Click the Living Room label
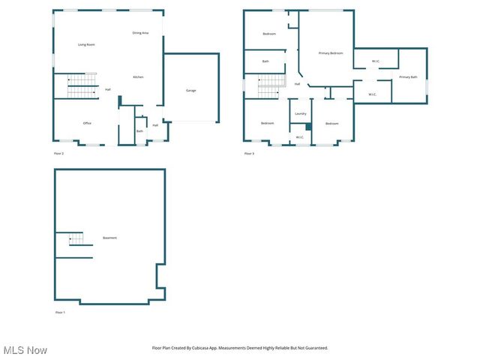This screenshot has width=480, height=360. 86,45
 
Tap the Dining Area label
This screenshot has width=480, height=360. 140,33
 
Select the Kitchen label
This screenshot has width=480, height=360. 139,77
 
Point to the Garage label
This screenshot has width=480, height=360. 191,91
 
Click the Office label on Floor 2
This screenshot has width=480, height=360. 87,123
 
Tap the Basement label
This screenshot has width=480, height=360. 109,238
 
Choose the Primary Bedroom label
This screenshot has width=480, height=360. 331,53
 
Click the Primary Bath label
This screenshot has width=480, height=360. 408,77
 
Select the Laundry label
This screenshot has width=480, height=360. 301,114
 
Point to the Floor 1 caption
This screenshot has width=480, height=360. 60,312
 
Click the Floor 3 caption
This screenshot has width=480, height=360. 249,154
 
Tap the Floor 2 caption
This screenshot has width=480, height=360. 58,154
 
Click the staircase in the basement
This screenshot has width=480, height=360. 74,239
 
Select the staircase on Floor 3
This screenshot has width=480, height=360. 269,85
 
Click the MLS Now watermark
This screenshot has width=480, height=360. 25,350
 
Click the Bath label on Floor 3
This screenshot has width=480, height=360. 265,61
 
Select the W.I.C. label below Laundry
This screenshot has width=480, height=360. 299,137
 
